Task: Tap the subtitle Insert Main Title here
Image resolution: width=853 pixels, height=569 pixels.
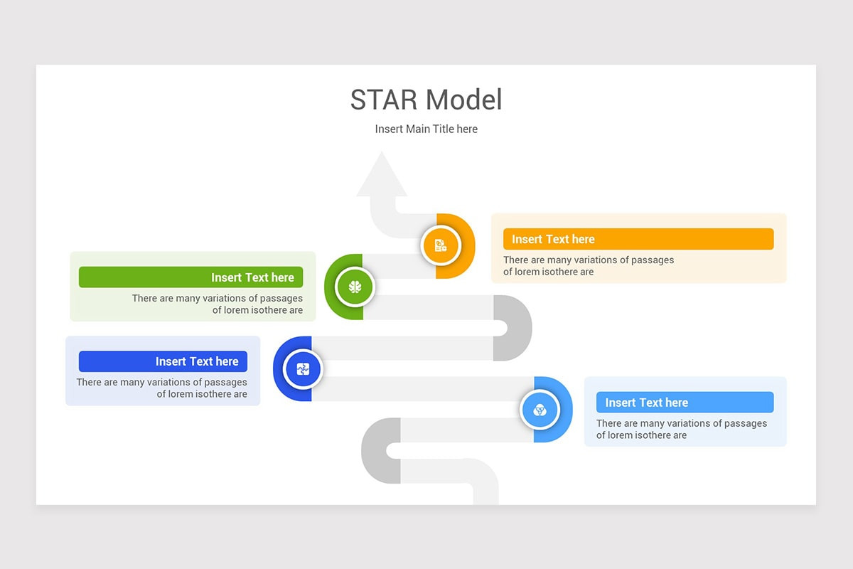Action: (x=426, y=129)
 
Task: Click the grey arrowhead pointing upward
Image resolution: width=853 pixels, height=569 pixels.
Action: (x=382, y=177)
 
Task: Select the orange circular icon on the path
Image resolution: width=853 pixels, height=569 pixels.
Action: (x=441, y=245)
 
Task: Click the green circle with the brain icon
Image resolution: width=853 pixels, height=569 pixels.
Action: (x=355, y=287)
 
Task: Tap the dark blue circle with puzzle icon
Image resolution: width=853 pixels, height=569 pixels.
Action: (x=303, y=369)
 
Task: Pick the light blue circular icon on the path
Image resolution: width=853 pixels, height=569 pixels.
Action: (x=540, y=410)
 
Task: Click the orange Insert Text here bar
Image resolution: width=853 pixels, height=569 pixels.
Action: (x=638, y=239)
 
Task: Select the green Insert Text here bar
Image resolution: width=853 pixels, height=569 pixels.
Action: (x=191, y=277)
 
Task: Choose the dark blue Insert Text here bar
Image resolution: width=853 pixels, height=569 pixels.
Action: (x=163, y=361)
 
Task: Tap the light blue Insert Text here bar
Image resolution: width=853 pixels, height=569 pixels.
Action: (x=685, y=403)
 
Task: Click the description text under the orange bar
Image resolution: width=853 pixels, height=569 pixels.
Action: (x=588, y=265)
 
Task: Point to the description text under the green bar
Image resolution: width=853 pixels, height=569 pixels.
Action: (x=218, y=304)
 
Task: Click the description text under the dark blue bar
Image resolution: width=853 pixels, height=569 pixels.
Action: (x=162, y=388)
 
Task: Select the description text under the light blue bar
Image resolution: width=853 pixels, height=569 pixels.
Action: (x=681, y=429)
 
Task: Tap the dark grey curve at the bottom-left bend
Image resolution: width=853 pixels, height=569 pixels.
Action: (x=377, y=450)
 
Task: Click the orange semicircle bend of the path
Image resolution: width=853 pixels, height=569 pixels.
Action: (x=461, y=245)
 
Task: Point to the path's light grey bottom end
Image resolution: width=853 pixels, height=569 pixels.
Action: (x=485, y=495)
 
